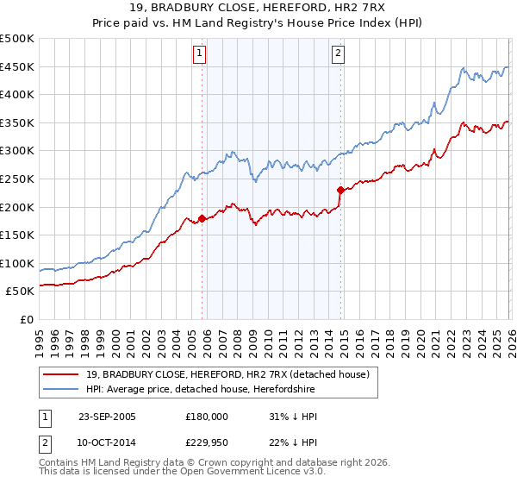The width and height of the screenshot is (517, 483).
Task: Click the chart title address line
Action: point(258,8)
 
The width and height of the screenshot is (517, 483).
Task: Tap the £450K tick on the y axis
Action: point(17,66)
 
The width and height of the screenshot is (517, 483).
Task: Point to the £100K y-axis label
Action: point(17,263)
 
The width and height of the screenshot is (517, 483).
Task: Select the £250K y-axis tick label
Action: point(17,179)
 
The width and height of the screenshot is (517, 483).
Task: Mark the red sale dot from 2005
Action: point(202,218)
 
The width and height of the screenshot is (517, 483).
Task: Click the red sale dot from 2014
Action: point(341,190)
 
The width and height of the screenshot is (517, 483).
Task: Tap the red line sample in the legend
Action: point(60,374)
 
